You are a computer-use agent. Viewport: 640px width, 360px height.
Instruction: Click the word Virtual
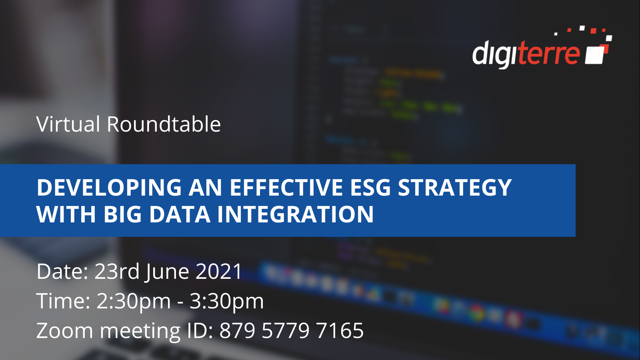pos(68,124)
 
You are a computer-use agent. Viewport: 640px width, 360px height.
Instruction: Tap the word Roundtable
pos(164,124)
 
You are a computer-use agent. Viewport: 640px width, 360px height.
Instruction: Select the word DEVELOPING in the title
pos(109,188)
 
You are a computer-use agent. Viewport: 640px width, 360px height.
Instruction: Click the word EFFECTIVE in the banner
pos(286,188)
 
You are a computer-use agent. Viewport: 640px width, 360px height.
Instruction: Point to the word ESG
pos(370,188)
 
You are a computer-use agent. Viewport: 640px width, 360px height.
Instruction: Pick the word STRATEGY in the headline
pos(454,188)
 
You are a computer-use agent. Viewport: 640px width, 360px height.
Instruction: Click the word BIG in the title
pos(122,214)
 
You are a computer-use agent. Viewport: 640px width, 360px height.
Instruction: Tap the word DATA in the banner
pos(180,214)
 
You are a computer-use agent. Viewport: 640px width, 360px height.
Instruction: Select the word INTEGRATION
pos(296,214)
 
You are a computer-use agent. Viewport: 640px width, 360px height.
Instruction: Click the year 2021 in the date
pos(219,271)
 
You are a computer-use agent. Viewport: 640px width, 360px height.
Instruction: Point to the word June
pos(168,272)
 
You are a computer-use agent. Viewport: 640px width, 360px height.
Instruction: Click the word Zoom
pos(64,330)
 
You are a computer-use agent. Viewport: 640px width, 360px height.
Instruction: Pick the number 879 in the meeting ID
pos(237,330)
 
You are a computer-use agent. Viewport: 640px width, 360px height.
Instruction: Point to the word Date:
pos(62,271)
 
